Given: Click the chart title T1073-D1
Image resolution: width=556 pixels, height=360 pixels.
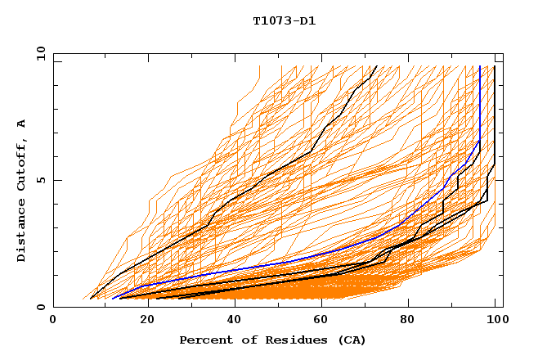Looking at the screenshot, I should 284,20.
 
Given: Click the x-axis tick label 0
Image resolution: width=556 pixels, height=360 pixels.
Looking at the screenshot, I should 53,321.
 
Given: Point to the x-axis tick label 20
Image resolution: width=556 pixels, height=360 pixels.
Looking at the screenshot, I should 141,321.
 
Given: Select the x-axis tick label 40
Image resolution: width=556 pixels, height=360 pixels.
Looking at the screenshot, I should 231,321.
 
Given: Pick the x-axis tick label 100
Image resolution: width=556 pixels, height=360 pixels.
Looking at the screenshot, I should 496,321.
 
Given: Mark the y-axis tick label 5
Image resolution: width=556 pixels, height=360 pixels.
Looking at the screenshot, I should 41,180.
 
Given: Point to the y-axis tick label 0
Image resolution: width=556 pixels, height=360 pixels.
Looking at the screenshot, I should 41,307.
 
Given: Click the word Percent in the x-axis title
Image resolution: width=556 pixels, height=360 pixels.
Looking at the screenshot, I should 204,340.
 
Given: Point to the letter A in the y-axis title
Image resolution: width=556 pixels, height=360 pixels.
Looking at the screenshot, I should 21,124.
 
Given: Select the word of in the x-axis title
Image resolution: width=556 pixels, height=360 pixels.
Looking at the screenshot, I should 244,340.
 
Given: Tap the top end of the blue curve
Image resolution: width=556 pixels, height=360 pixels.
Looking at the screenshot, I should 480,67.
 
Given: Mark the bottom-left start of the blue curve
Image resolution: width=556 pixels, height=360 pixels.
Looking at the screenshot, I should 113,298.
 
